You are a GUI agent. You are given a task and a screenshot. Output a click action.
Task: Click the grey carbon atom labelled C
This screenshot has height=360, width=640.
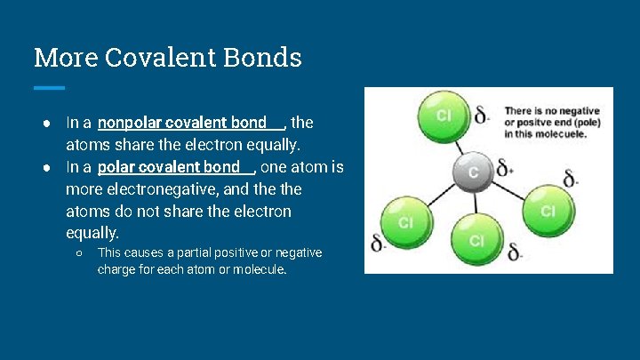tap(473, 172)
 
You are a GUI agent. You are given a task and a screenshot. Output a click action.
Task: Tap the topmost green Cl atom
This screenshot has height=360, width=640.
tap(443, 116)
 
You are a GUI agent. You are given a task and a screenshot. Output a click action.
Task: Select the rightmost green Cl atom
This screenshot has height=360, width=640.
tap(548, 211)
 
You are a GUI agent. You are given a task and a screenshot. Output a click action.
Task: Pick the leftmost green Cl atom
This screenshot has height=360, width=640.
tap(404, 221)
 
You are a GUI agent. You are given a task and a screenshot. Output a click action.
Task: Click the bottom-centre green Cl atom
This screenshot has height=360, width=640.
tap(476, 241)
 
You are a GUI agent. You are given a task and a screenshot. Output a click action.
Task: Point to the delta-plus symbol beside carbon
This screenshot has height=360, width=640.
tap(504, 168)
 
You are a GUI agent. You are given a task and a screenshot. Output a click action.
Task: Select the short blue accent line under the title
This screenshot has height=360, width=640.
tap(49, 87)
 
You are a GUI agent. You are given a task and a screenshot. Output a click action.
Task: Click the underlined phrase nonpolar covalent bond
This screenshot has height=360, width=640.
tap(182, 123)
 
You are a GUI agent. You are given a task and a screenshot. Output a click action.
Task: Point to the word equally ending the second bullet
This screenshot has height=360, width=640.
tap(92, 233)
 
